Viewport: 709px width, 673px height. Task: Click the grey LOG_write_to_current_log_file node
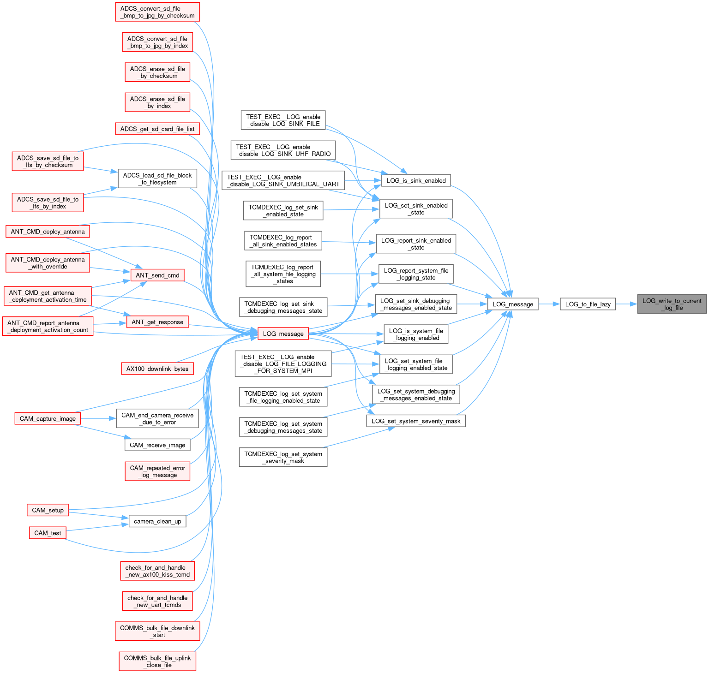click(672, 304)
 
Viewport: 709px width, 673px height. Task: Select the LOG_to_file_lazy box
click(588, 304)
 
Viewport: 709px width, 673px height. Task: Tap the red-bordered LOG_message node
click(283, 334)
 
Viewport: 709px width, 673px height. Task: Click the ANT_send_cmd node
click(157, 275)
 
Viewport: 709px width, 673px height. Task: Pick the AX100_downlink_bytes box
click(157, 369)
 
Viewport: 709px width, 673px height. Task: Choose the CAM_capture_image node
click(48, 418)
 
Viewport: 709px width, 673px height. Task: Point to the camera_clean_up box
click(157, 521)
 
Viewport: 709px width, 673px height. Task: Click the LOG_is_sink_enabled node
click(416, 180)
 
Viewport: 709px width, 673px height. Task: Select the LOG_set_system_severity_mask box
click(416, 421)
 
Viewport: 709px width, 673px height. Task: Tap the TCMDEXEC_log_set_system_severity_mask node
click(283, 457)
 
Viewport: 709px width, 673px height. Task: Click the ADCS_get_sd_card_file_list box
click(157, 129)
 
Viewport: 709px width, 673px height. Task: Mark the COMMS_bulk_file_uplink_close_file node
click(157, 661)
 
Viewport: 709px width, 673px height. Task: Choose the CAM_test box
click(48, 533)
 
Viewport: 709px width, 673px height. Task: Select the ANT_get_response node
click(157, 322)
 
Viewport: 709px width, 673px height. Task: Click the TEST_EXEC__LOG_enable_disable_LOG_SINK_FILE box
click(283, 120)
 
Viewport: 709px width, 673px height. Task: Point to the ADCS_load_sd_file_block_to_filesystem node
click(157, 179)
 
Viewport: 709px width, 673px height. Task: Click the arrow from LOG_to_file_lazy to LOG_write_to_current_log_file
click(626, 304)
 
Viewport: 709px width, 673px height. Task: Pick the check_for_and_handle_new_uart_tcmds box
click(157, 601)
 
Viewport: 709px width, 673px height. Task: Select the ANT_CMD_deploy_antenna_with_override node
click(48, 263)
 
